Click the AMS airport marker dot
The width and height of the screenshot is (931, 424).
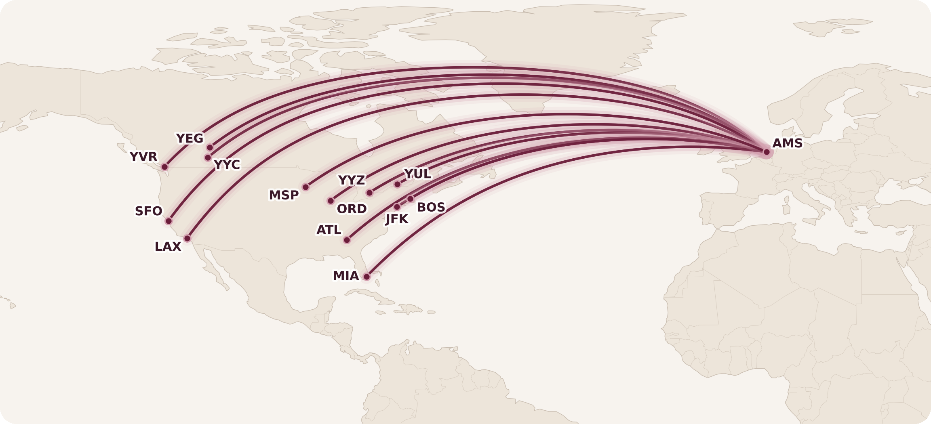point(767,152)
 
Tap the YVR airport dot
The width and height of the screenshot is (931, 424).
point(164,167)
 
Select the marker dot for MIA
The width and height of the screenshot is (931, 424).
point(367,277)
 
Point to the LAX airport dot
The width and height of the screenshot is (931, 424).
point(187,238)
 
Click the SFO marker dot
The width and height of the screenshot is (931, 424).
point(169,221)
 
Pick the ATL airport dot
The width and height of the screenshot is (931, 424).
point(347,240)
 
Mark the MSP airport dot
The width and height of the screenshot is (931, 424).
point(305,187)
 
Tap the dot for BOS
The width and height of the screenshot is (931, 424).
point(410,199)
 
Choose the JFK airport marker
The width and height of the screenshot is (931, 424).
point(397,207)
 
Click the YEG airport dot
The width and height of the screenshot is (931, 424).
point(210,147)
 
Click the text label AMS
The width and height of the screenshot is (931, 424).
point(787,143)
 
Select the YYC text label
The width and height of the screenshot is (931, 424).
point(227,165)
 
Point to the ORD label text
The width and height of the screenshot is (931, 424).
point(352,209)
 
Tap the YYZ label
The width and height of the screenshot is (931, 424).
point(351,180)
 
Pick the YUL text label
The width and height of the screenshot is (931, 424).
point(417,174)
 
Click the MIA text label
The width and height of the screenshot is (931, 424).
point(345,276)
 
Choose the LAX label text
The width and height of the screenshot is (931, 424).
point(168,247)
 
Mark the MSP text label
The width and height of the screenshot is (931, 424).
point(284,195)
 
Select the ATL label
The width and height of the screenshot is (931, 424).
point(329,230)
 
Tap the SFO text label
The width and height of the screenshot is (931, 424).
point(148,211)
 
